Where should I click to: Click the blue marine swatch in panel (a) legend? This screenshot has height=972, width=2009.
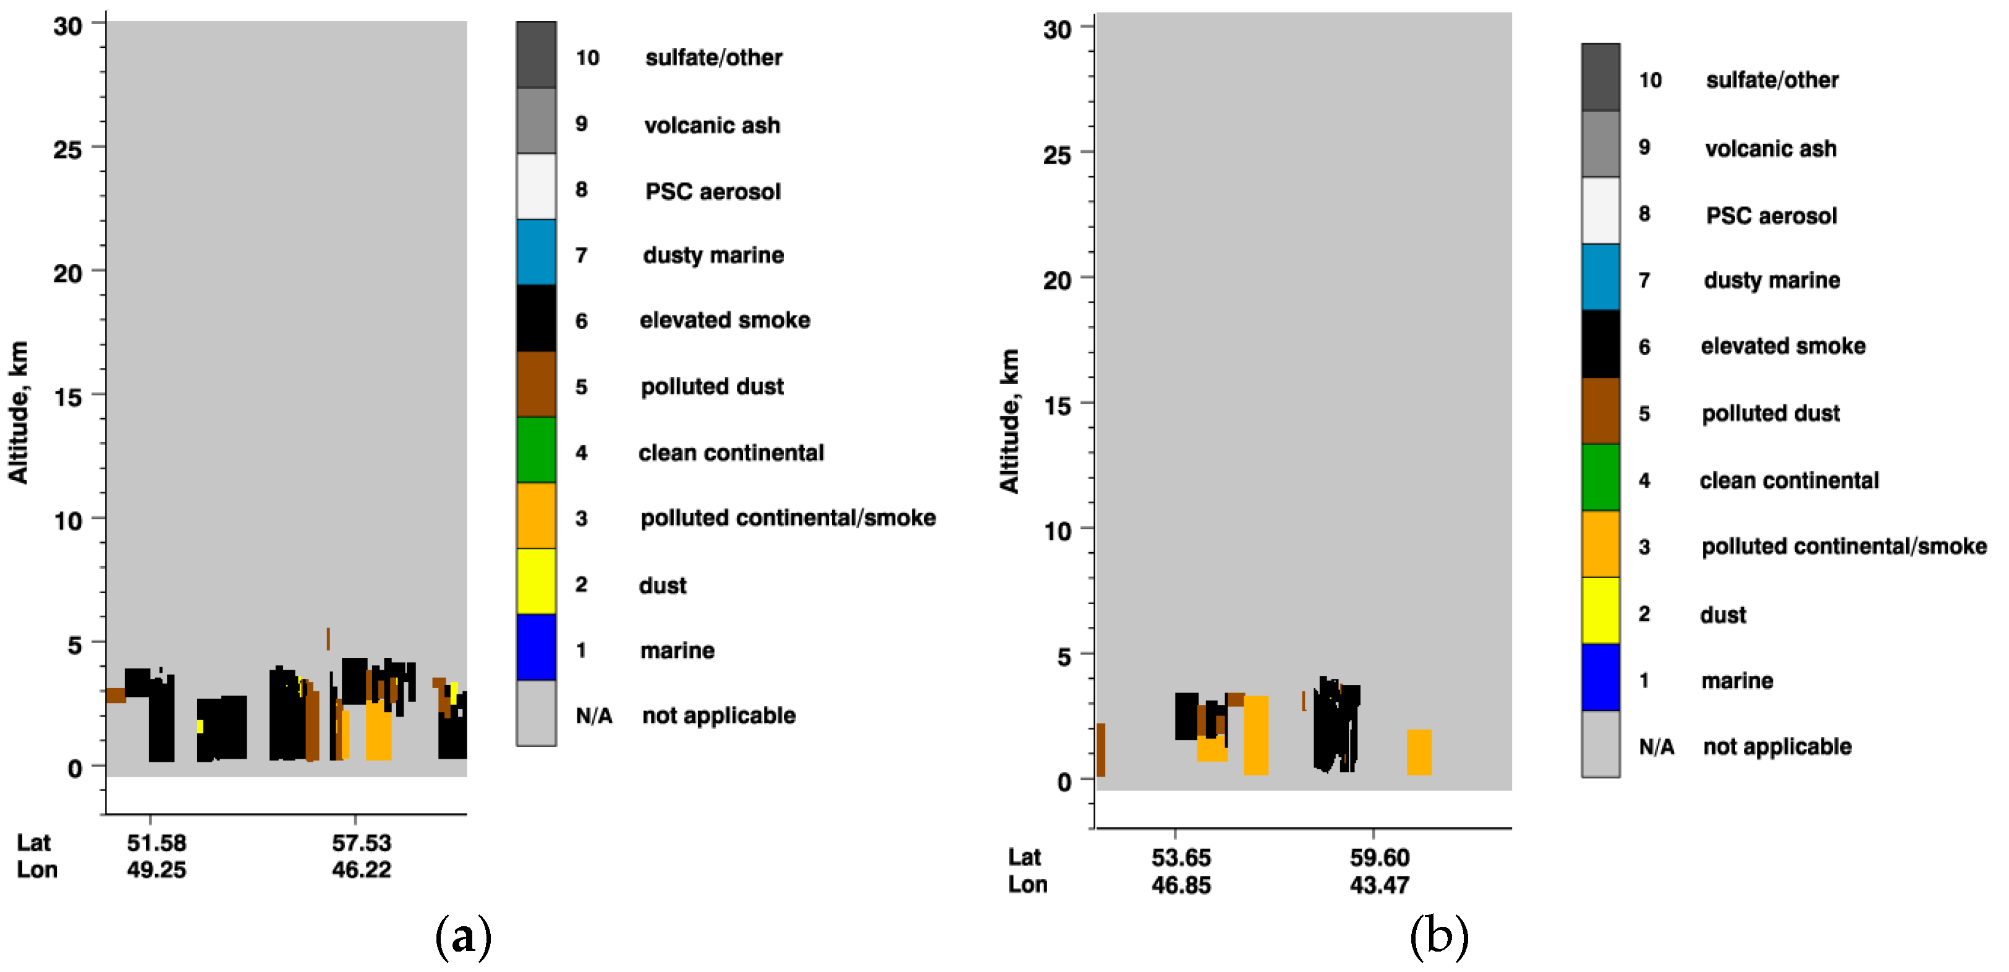click(536, 647)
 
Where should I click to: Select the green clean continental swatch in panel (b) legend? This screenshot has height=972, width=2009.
click(1600, 477)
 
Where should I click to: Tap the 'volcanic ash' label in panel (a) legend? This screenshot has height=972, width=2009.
click(711, 125)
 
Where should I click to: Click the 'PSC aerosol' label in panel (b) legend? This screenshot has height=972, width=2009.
click(1770, 215)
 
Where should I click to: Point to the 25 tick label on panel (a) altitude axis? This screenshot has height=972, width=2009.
click(67, 149)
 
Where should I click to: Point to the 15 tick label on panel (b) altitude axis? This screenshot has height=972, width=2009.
click(1057, 406)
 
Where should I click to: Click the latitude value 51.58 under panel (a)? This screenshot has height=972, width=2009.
click(157, 843)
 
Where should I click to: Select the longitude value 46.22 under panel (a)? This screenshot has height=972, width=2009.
click(361, 869)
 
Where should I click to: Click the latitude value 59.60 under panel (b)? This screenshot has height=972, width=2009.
click(1379, 858)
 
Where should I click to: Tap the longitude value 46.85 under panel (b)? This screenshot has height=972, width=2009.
click(1181, 885)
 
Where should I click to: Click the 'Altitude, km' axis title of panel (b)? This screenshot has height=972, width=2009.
click(1009, 421)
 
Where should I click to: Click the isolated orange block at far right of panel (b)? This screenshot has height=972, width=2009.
click(1419, 752)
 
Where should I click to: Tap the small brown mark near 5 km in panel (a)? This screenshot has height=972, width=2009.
click(328, 638)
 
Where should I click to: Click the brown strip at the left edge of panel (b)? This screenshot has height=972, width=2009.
click(1100, 749)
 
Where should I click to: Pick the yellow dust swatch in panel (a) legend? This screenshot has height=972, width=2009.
click(536, 581)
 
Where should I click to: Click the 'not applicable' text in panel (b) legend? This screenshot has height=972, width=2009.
click(1777, 746)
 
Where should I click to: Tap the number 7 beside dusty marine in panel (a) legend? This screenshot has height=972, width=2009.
click(581, 255)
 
